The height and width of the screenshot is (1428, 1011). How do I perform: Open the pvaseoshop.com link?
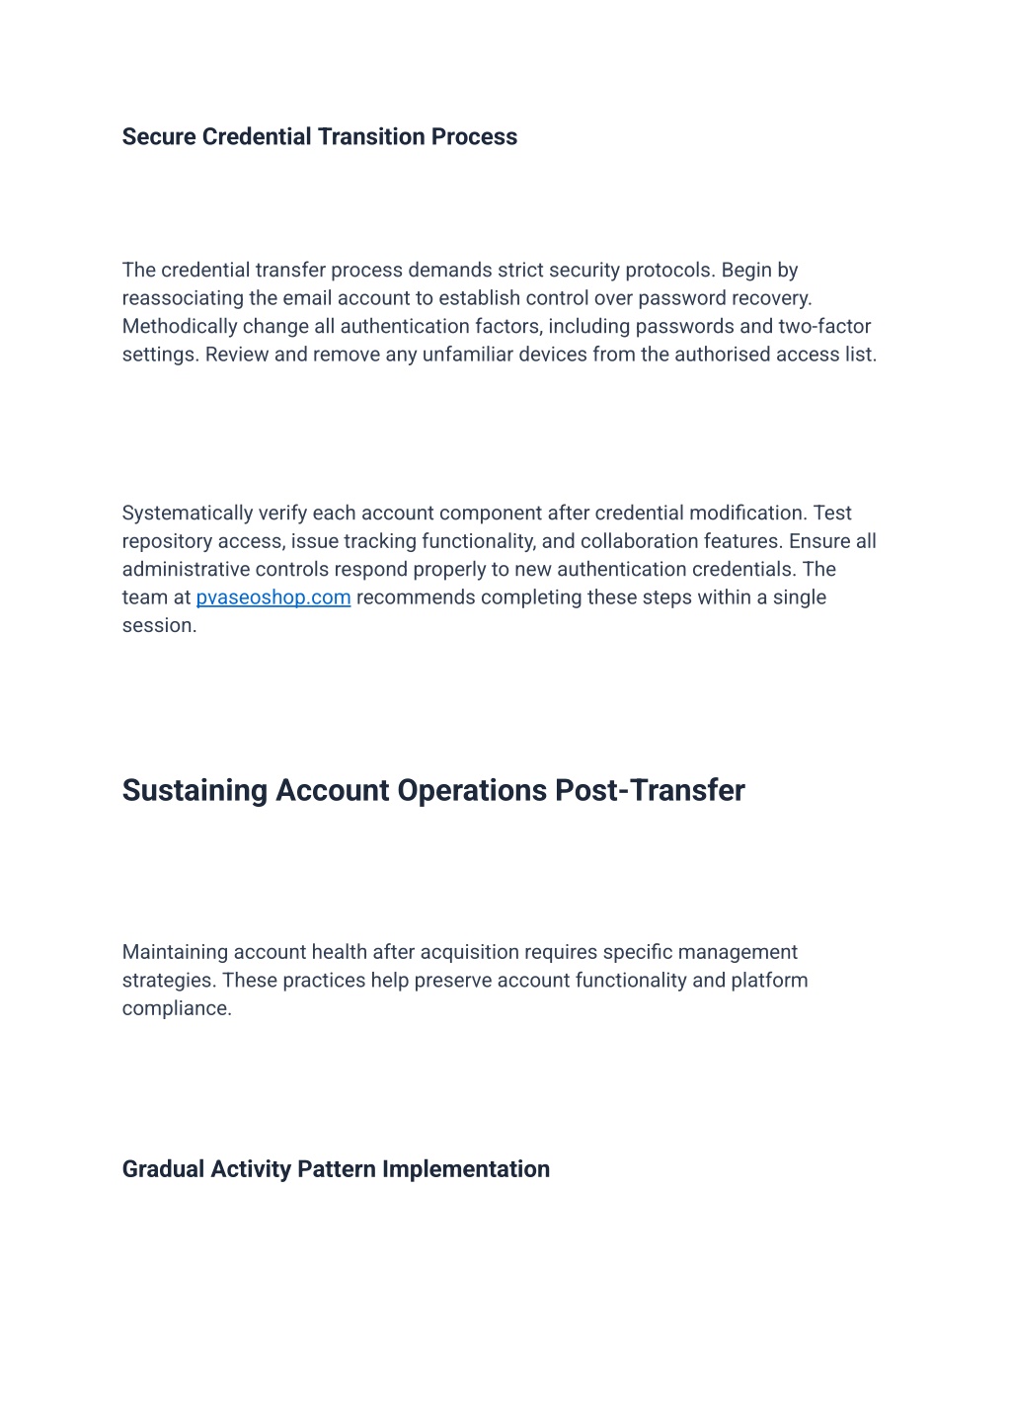(273, 597)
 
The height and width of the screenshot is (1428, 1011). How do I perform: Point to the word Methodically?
(178, 326)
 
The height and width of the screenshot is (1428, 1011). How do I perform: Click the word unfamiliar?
(463, 355)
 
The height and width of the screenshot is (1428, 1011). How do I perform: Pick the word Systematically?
(188, 513)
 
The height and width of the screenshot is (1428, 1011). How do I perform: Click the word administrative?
(186, 569)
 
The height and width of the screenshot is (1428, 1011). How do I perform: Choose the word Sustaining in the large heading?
(194, 790)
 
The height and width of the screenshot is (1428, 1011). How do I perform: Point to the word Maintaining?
(174, 952)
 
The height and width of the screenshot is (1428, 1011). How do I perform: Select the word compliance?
(175, 1008)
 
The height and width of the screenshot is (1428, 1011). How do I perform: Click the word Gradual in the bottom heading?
(163, 1169)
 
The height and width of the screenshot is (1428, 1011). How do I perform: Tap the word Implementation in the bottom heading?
(466, 1169)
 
